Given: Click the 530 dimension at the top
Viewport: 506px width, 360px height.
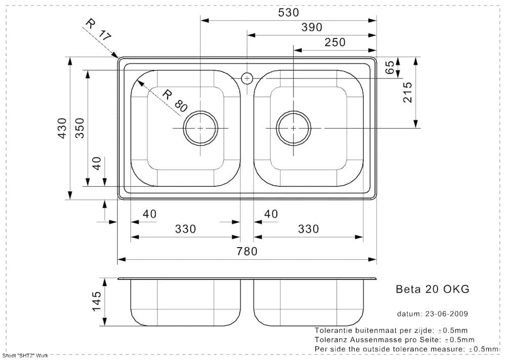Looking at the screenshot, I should pyautogui.click(x=288, y=13).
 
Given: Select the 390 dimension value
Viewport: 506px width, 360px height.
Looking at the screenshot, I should pyautogui.click(x=312, y=27).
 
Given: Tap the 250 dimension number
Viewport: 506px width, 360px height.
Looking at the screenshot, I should pyautogui.click(x=335, y=43).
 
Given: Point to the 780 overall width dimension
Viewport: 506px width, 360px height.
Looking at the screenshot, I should pyautogui.click(x=247, y=251).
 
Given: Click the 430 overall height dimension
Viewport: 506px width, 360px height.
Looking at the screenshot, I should pyautogui.click(x=62, y=128).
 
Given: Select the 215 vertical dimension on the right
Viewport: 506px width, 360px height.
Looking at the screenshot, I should pyautogui.click(x=408, y=93).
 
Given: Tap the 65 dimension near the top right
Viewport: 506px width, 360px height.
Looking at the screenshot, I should pyautogui.click(x=390, y=67).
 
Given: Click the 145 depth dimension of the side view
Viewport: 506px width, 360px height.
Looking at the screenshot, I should pyautogui.click(x=97, y=302).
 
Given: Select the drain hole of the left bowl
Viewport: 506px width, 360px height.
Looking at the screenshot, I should pyautogui.click(x=200, y=129).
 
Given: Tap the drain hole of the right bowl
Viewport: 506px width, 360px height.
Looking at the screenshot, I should pyautogui.click(x=294, y=129).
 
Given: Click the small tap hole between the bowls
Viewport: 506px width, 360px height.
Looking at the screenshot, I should pyautogui.click(x=247, y=78).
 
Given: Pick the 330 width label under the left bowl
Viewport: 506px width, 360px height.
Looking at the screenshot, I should pyautogui.click(x=185, y=229).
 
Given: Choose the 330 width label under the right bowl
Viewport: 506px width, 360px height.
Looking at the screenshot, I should pyautogui.click(x=309, y=229).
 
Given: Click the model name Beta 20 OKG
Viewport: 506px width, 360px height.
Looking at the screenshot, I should pyautogui.click(x=432, y=289).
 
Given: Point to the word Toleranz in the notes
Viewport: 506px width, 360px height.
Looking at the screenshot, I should pyautogui.click(x=332, y=340).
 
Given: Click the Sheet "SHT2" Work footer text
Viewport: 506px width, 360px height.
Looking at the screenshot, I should pyautogui.click(x=25, y=356).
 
